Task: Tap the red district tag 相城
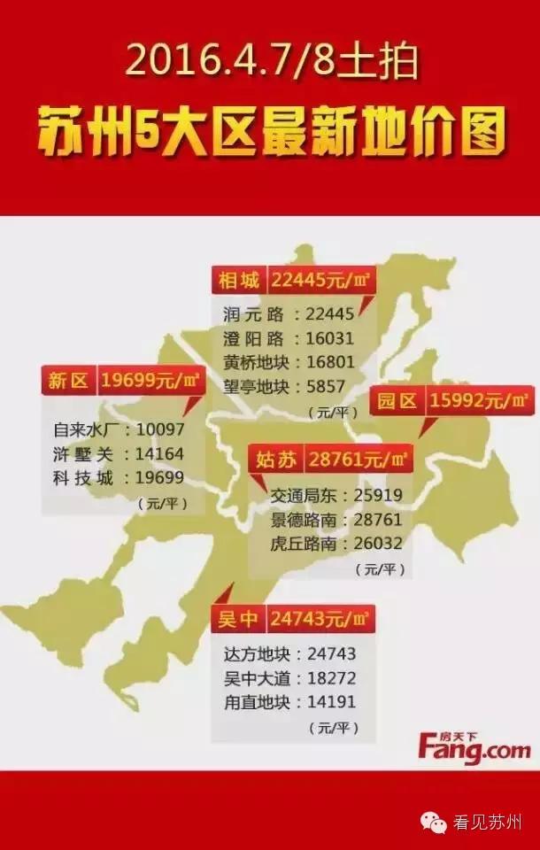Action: [239, 281]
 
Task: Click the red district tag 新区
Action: [68, 382]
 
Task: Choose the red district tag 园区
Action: [397, 401]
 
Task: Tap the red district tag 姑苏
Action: [276, 460]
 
